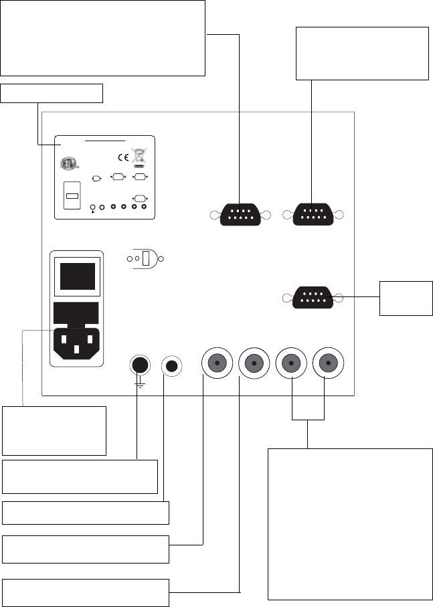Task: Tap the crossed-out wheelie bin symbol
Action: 139,156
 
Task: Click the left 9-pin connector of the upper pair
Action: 239,215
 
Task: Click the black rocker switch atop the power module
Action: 77,276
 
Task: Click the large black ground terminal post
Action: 140,365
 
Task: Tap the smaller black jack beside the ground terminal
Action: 172,366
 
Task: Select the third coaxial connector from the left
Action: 291,364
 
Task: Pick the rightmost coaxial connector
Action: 328,364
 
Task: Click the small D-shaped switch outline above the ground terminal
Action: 147,259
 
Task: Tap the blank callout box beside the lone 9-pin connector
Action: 406,298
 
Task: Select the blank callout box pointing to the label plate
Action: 52,94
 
